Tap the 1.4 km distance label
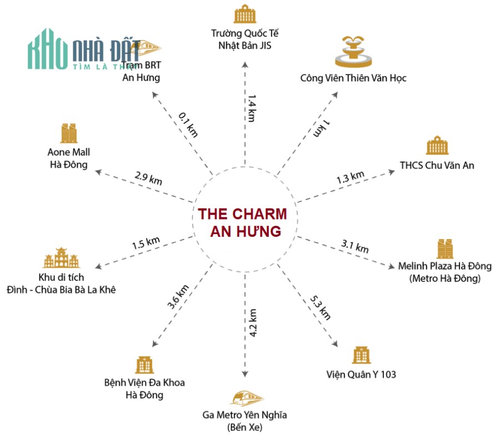click(252, 108)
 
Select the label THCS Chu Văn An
click(437, 165)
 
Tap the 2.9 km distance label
click(148, 178)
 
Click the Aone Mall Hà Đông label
click(69, 158)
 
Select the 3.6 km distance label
click(178, 297)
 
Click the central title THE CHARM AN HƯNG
click(243, 222)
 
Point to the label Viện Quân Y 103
click(361, 374)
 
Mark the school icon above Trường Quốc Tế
click(244, 13)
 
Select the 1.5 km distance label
click(146, 243)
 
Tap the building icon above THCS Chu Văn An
click(437, 146)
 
